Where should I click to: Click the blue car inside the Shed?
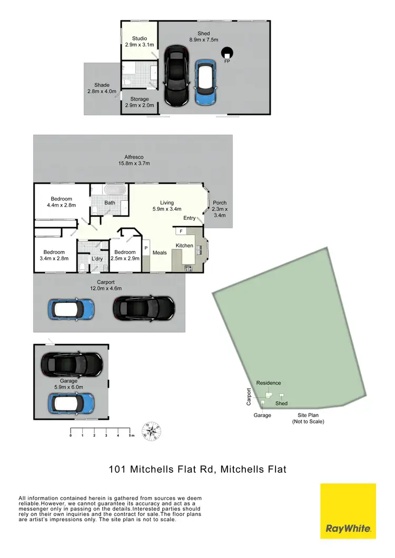205,82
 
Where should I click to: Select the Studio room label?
140,42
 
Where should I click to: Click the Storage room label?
140,102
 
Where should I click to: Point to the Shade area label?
102,88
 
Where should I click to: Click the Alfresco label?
134,160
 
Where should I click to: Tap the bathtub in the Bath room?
113,190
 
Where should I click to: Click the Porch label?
219,208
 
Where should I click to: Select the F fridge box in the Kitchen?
181,231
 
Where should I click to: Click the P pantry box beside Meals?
146,247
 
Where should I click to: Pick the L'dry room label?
97,259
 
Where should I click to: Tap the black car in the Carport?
144,307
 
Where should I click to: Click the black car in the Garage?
71,362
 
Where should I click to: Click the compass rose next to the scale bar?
152,432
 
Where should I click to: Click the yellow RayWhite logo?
348,511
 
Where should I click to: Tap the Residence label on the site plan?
268,383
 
